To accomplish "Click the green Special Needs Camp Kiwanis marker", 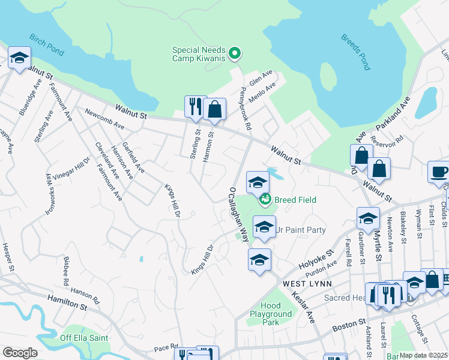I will [235, 54].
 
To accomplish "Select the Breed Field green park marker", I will [264, 199].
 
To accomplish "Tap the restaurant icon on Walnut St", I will [195, 107].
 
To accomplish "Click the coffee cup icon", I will [439, 172].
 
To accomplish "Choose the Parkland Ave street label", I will [393, 113].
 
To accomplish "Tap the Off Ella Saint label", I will [84, 338].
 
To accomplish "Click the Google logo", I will [20, 352].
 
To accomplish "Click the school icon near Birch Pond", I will [19, 58].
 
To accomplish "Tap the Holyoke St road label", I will [316, 261].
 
